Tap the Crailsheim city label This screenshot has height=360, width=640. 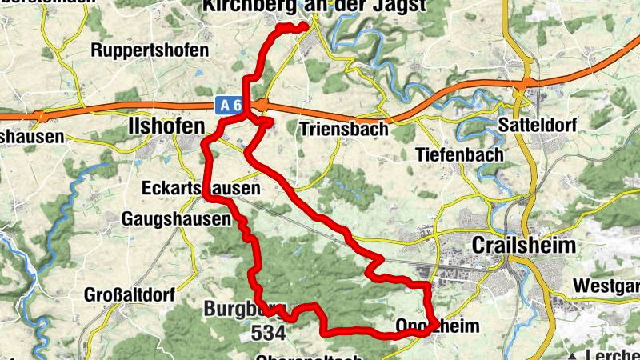point(524,246)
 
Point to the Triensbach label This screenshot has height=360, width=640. point(343,128)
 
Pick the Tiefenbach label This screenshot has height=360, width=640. point(460,154)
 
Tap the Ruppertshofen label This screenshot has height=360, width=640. point(150,50)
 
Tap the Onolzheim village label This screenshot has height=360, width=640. point(438,326)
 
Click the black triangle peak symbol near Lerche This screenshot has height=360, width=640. point(574,355)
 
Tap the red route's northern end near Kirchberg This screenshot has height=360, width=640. point(305,27)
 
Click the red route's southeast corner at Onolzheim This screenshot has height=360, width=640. point(432,325)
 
